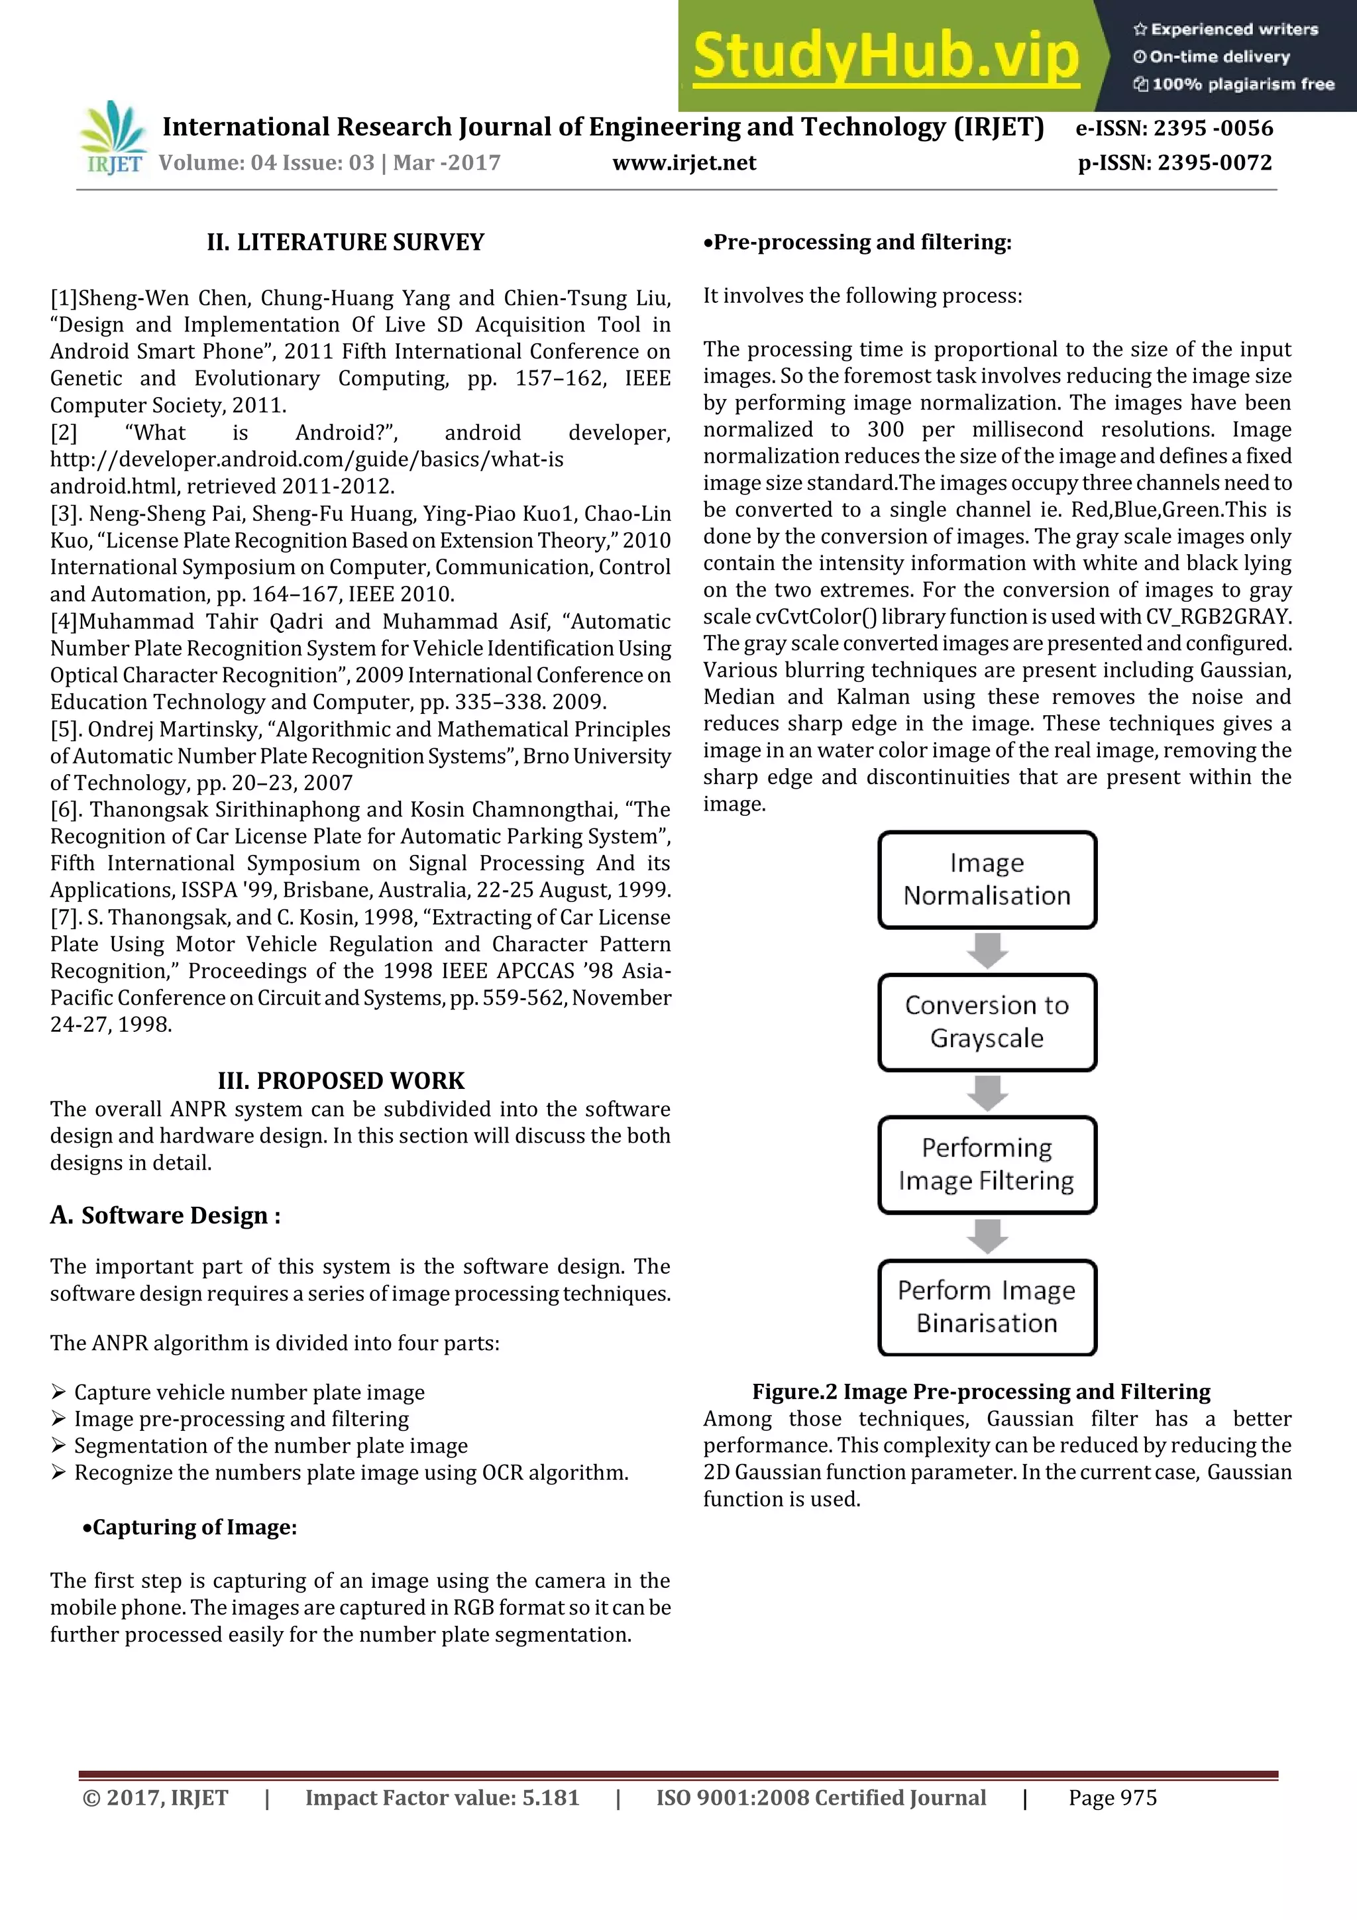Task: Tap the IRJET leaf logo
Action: click(x=112, y=138)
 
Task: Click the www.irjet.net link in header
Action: click(x=683, y=163)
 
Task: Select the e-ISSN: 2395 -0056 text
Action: click(x=1174, y=128)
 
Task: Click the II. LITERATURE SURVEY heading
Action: click(x=345, y=243)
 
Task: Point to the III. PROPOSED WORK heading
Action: click(x=341, y=1080)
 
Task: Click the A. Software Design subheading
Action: click(x=166, y=1215)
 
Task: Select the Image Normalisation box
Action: click(x=987, y=879)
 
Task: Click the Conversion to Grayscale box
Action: click(x=987, y=1022)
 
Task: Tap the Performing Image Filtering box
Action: click(x=987, y=1165)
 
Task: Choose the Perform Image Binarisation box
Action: click(x=987, y=1307)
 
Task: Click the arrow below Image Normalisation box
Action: click(x=987, y=951)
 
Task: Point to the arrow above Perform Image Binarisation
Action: click(x=987, y=1236)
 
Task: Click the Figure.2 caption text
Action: click(x=981, y=1392)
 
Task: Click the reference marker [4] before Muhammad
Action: click(x=64, y=621)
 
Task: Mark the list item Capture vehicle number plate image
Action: click(x=249, y=1392)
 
